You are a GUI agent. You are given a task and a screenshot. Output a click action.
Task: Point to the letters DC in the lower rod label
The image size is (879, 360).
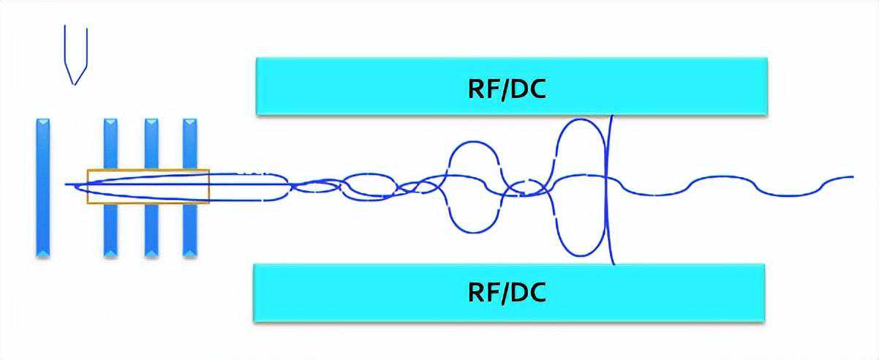click(528, 293)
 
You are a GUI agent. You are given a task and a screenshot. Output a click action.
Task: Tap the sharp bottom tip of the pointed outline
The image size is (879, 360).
click(73, 84)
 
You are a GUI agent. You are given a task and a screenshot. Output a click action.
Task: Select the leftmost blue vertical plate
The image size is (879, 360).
click(43, 187)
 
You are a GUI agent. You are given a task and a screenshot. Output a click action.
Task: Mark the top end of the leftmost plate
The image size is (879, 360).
click(43, 119)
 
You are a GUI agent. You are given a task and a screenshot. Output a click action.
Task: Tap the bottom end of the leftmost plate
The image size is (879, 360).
click(43, 254)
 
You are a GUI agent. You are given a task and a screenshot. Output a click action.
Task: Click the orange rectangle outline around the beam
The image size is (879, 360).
click(148, 170)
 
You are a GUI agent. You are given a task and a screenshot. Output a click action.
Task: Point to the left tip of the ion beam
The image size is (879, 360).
click(66, 184)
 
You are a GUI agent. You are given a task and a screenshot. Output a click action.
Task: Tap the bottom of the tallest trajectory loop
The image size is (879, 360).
click(582, 255)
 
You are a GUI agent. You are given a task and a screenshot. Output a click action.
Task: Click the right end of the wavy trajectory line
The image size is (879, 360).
click(852, 176)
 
